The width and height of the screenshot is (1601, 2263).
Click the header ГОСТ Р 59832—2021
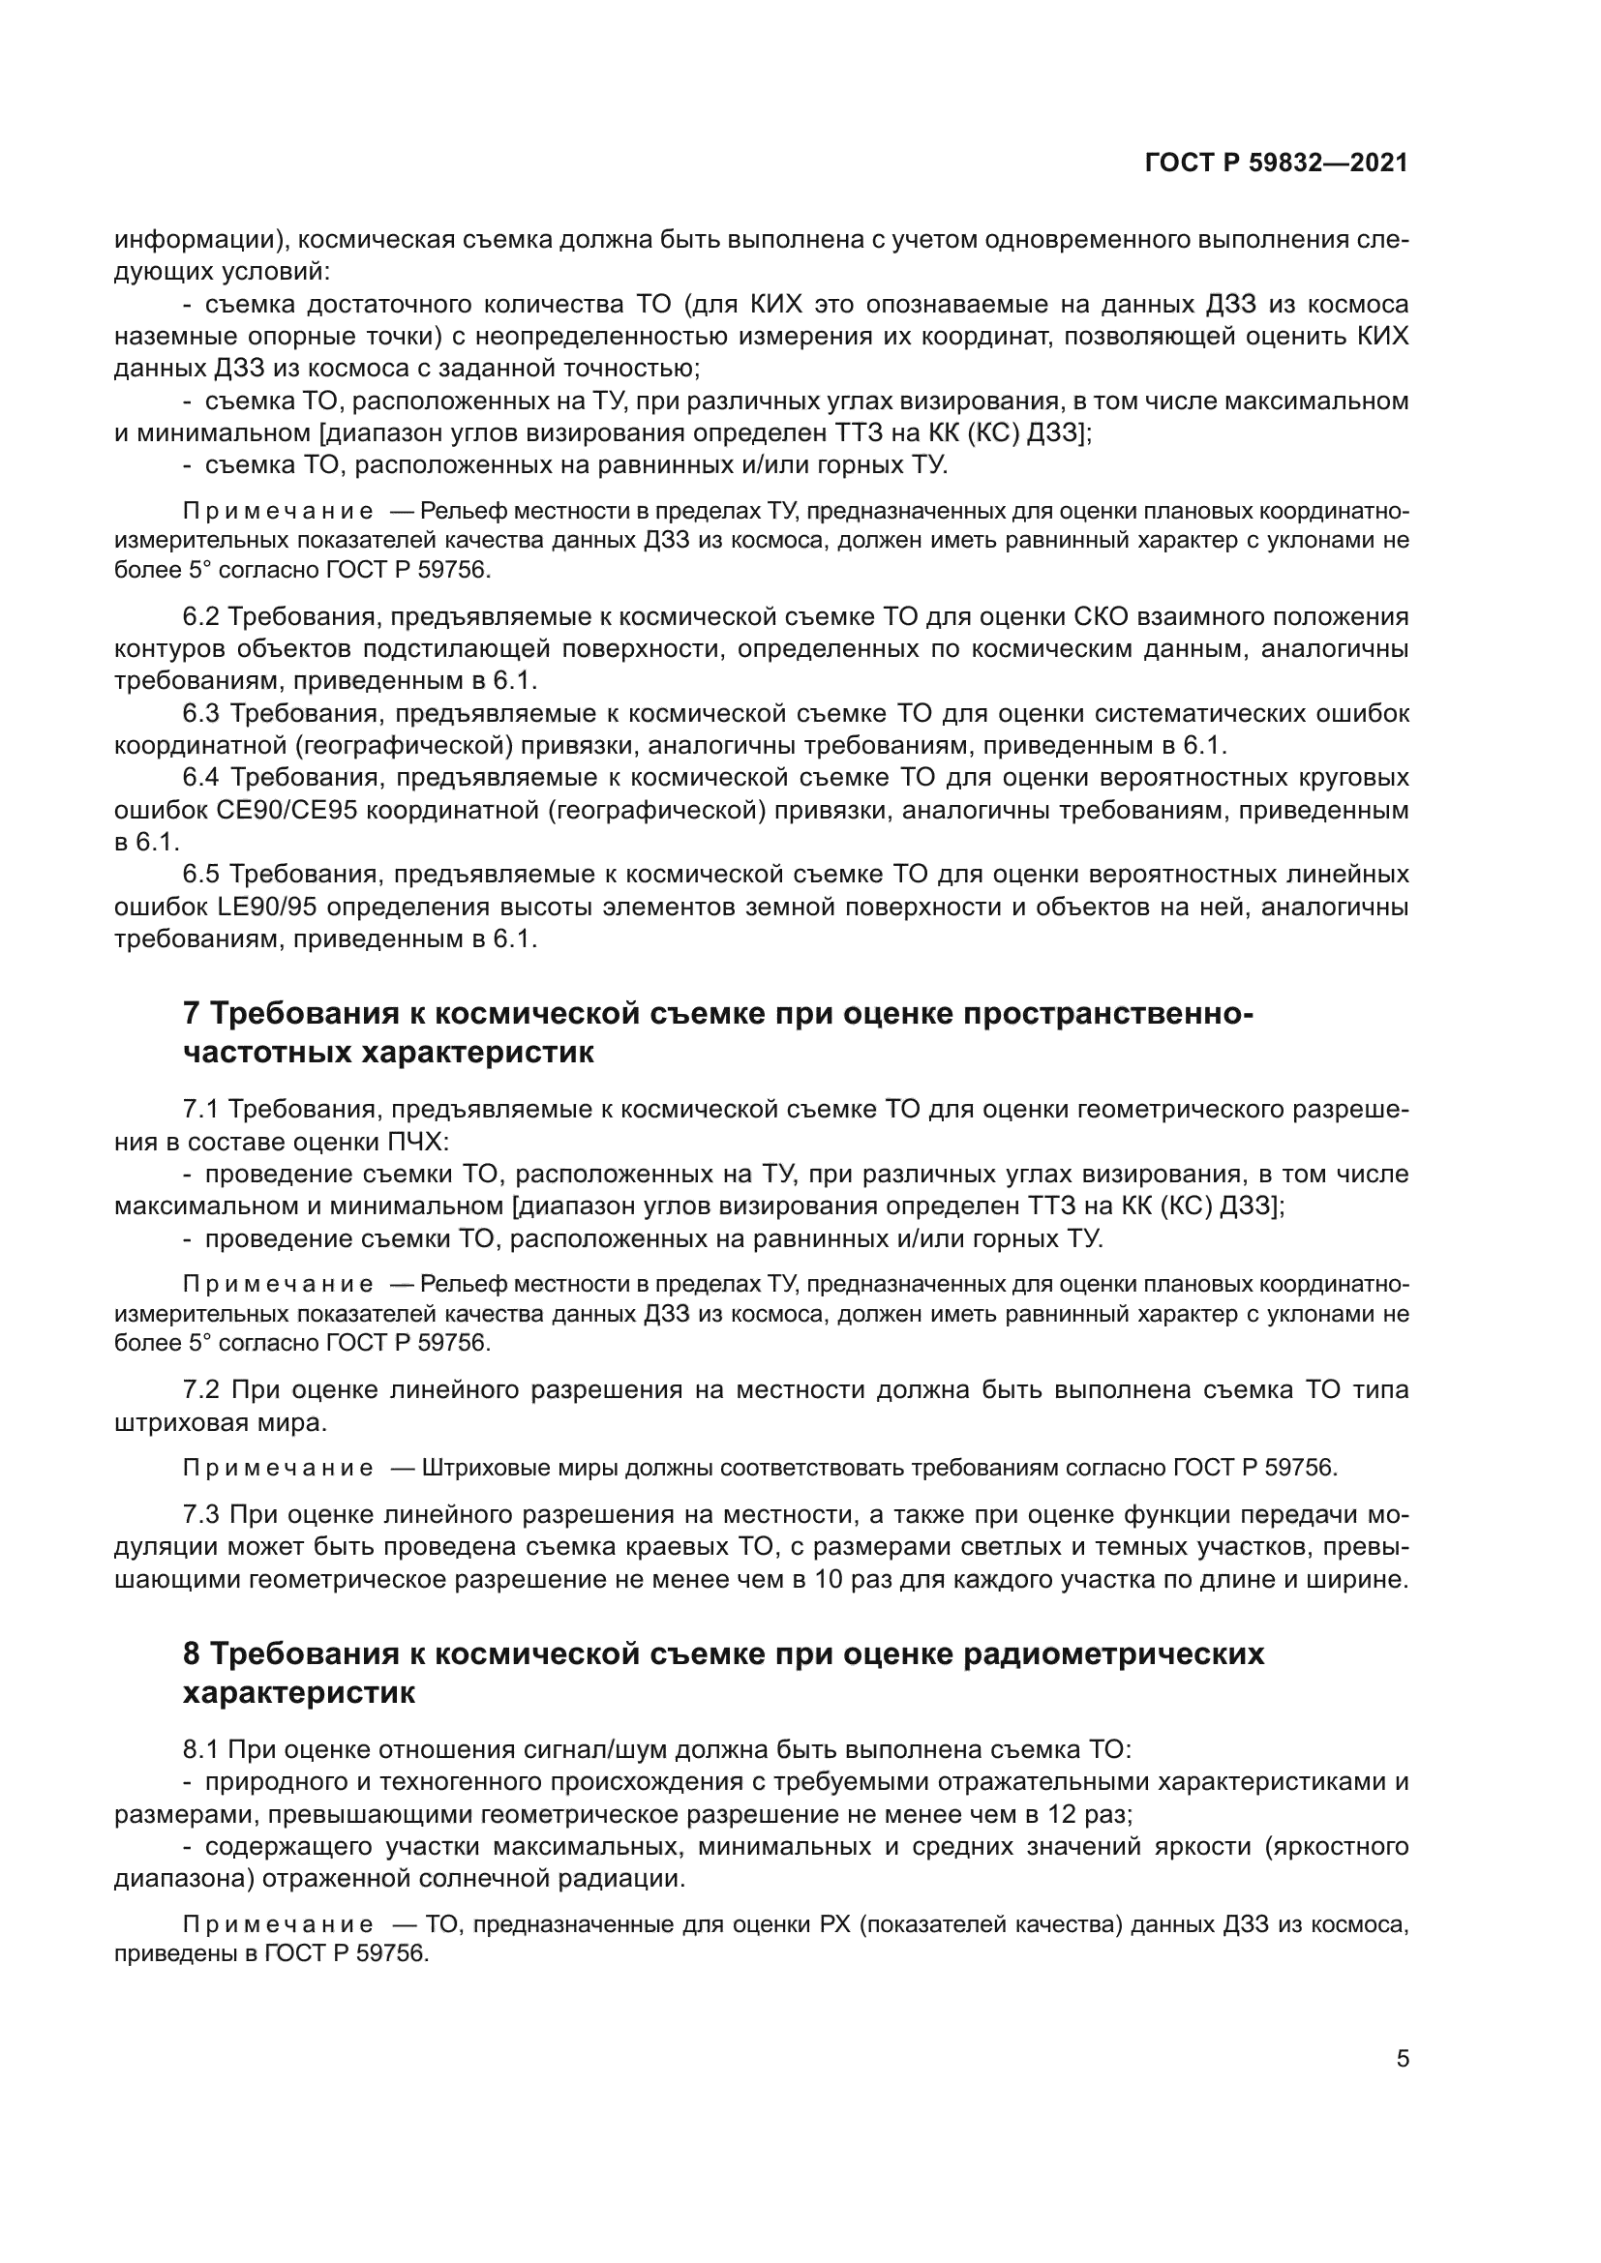(1276, 163)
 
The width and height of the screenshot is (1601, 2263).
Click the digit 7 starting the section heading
(193, 1013)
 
